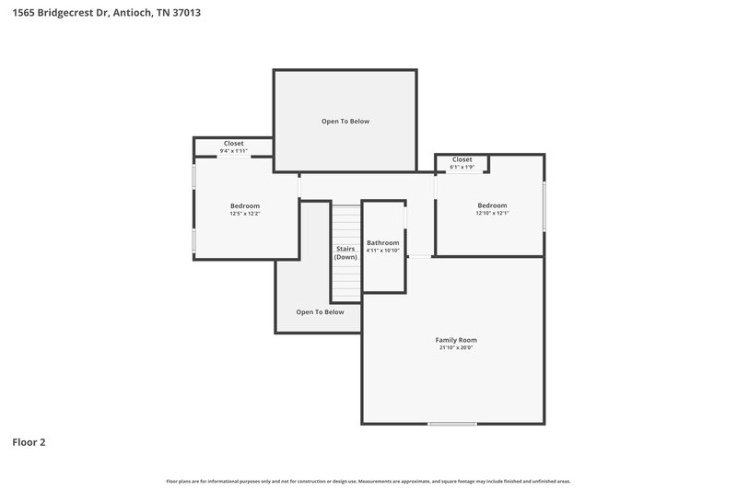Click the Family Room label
(456, 340)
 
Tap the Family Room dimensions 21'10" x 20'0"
(456, 348)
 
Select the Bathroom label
(382, 242)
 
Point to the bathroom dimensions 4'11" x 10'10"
(382, 251)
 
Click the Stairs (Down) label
(345, 252)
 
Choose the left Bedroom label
(245, 205)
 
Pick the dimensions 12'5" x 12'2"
(245, 214)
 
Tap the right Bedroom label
(492, 205)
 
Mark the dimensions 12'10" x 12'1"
(492, 213)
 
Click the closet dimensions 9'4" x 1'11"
(234, 151)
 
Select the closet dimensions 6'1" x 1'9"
(462, 167)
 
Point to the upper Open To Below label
(345, 121)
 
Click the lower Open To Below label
(320, 312)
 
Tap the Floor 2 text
(29, 442)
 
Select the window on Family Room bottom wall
(452, 424)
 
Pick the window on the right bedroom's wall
(544, 206)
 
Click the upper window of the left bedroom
(193, 177)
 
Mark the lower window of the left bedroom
(193, 240)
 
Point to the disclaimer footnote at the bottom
(368, 481)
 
